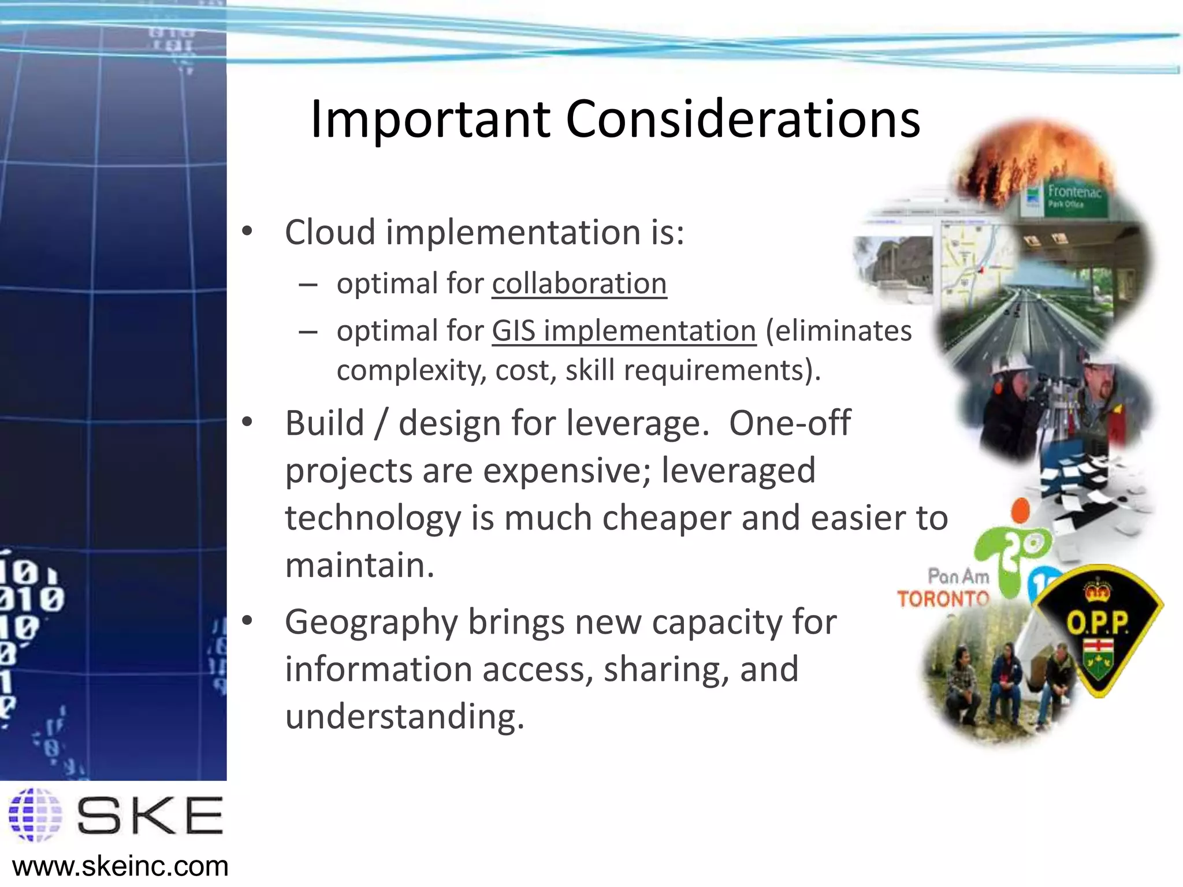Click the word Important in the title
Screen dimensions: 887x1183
pos(430,120)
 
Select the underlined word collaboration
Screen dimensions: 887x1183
pos(579,284)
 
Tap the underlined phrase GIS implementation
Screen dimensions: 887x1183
pos(624,331)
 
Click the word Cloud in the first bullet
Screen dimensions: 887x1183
pos(330,232)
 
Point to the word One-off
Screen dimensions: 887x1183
pos(789,423)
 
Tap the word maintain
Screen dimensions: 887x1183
pos(359,565)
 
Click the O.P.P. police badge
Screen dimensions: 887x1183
pos(1097,629)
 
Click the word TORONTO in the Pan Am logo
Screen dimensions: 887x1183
pos(943,599)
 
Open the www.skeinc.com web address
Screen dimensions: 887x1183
pos(120,867)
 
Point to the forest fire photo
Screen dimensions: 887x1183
pos(1034,156)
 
